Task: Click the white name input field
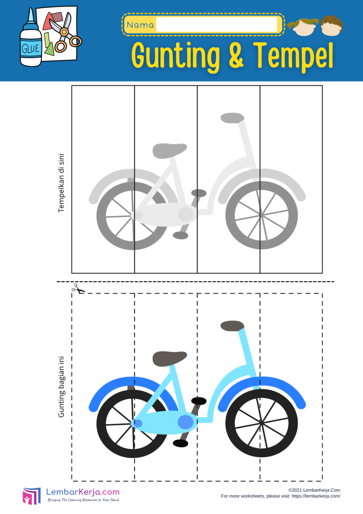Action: tap(217, 24)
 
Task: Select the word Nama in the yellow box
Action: tap(140, 25)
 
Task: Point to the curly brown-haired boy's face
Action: tap(331, 26)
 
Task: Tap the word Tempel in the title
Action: tap(293, 56)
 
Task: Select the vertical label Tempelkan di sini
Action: tap(61, 183)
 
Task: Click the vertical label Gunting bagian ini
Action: tap(61, 387)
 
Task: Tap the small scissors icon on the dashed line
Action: tap(78, 289)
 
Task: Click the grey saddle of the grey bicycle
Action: tap(169, 151)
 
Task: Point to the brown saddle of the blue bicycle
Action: tap(169, 359)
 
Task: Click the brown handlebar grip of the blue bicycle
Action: tap(232, 326)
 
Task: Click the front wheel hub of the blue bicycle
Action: tap(261, 422)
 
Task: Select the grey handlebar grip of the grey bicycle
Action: tap(232, 118)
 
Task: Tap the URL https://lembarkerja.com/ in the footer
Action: tap(316, 496)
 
